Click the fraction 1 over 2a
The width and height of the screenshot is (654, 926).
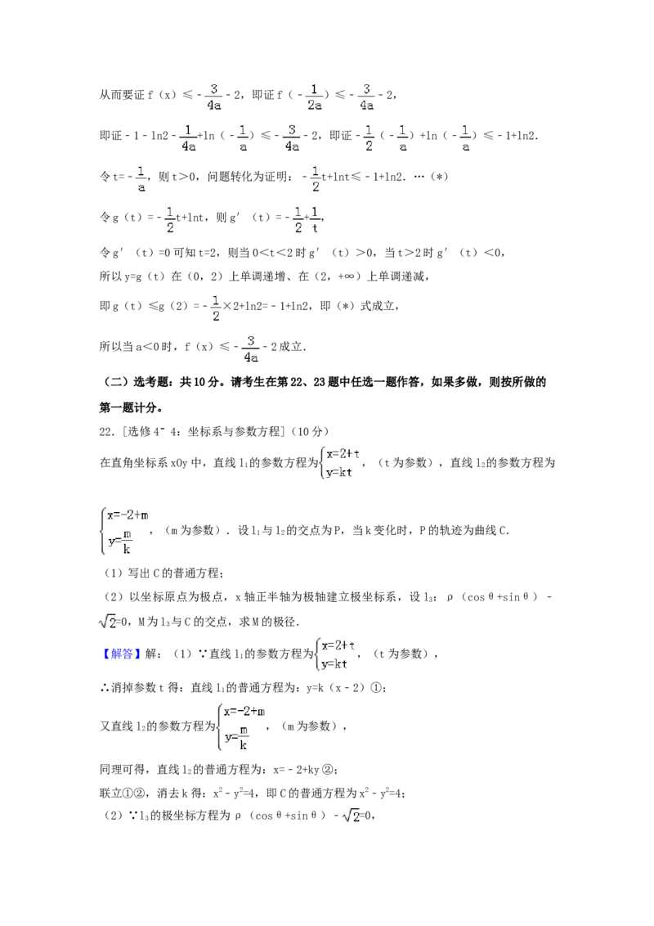pos(314,95)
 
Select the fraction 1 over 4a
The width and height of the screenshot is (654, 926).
pos(189,137)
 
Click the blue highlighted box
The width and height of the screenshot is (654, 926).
pos(121,654)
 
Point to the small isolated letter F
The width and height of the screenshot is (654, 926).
pos(161,431)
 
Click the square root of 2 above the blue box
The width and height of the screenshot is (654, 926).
pos(108,623)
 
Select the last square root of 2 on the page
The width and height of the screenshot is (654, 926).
pos(350,815)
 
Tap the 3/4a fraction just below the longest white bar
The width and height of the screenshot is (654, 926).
pos(249,348)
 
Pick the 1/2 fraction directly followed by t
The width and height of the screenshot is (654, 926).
pos(317,179)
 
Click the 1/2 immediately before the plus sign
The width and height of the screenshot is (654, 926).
pos(298,219)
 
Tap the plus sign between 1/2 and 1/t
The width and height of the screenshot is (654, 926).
pos(307,218)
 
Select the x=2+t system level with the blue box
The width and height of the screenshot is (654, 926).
pos(334,654)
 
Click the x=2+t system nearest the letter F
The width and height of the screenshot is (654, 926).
pos(340,465)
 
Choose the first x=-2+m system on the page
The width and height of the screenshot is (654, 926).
pos(124,530)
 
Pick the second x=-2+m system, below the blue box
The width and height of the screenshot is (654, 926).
pos(239,726)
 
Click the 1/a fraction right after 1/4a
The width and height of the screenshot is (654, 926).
pos(243,137)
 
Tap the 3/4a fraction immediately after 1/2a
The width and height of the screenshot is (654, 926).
pos(366,95)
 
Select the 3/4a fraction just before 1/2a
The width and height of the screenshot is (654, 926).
pos(214,95)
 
